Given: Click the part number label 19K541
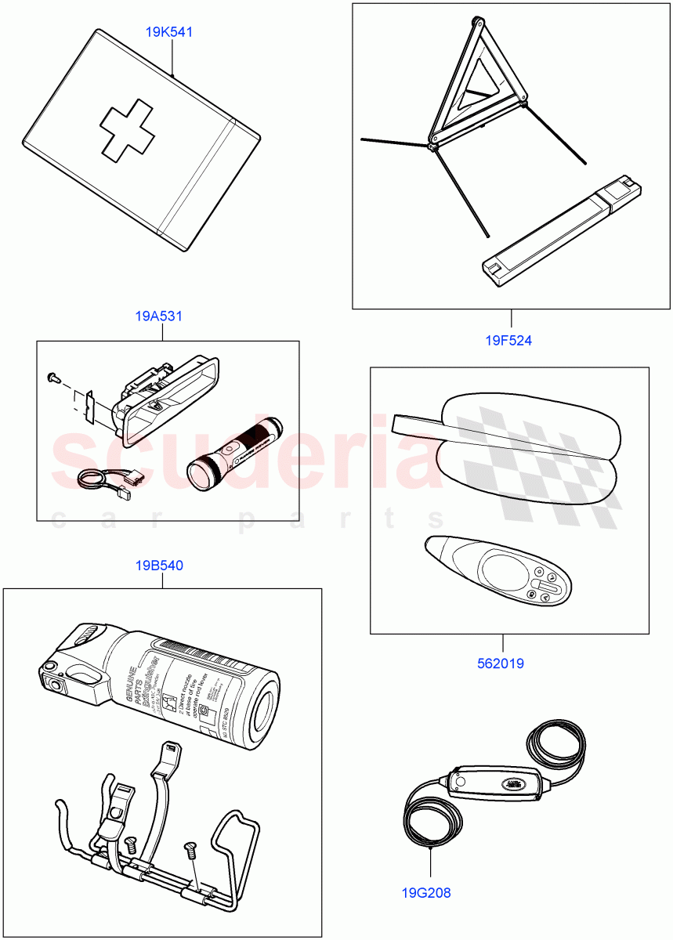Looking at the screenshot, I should pos(169,33).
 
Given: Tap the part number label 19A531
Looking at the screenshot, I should pos(159,316).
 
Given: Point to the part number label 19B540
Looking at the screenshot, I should pos(159,565).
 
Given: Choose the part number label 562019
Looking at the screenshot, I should pos(501,663).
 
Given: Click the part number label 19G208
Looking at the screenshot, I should pos(426,891).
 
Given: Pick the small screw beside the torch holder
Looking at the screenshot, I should pos(52,377).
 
